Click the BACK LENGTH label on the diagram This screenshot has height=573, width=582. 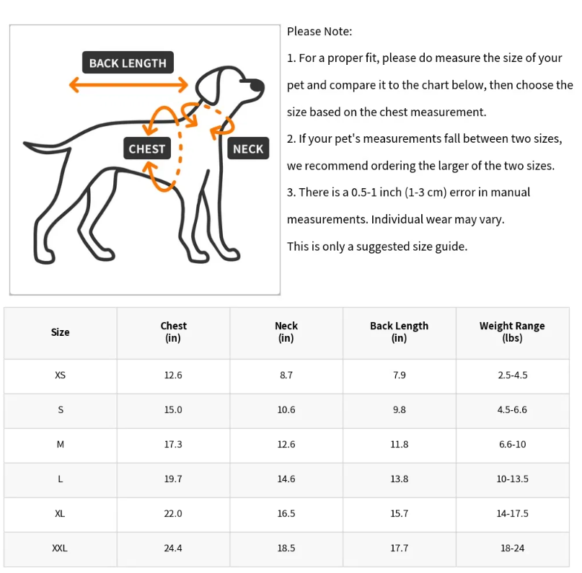coord(128,63)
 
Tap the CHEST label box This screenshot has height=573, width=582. coord(147,149)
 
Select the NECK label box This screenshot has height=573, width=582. coord(248,149)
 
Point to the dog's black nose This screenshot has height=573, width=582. coord(257,86)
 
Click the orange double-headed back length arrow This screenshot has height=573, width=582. coord(128,85)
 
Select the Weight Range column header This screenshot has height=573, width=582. coord(512,332)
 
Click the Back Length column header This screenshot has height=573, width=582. coord(399,332)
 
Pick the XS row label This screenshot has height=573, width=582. coord(61,376)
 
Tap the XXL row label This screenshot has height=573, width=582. coord(60,548)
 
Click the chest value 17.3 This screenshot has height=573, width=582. coord(173,445)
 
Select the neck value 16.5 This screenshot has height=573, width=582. coord(286,514)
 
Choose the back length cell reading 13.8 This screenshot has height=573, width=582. coord(399,479)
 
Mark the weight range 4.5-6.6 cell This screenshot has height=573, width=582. coord(513,410)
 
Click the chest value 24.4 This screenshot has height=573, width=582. coord(173,548)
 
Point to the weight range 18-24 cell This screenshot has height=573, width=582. coord(513,548)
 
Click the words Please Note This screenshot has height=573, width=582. coord(319,32)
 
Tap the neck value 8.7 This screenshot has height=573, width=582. coord(286,376)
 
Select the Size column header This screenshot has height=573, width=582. coord(61,332)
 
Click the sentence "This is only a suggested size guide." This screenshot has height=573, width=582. coord(377,246)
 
